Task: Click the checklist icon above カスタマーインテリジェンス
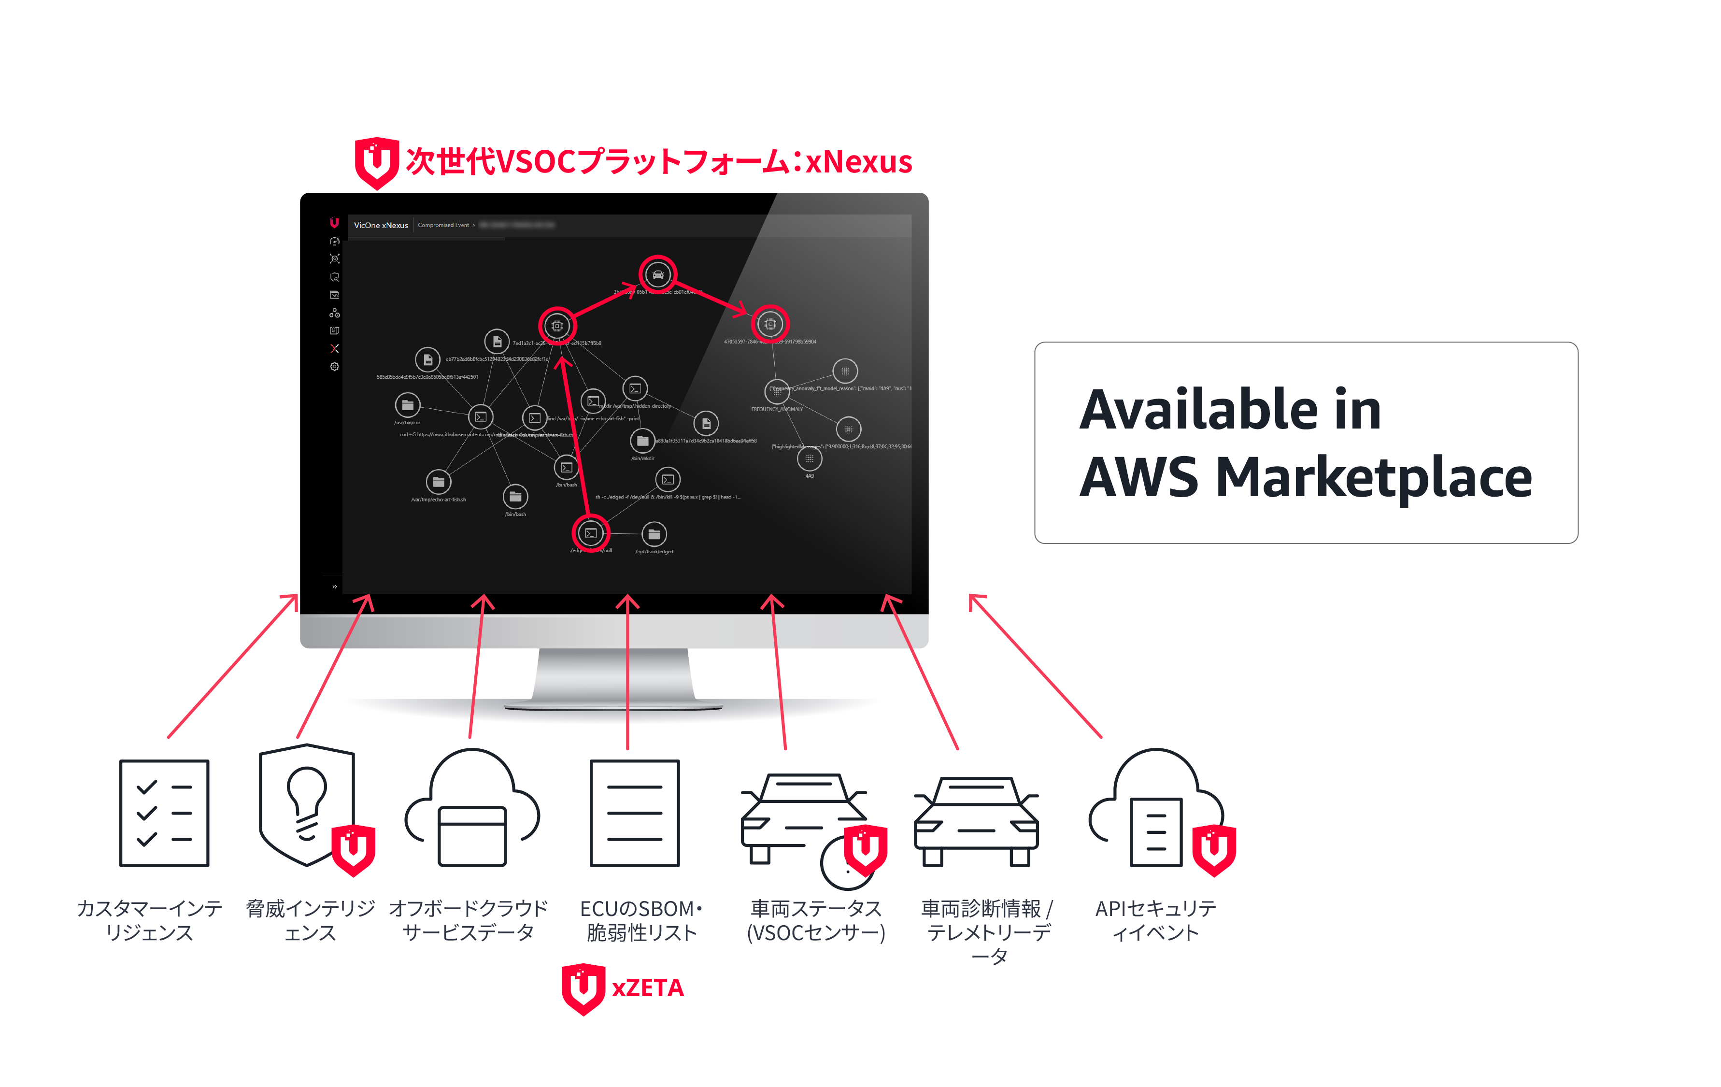164,813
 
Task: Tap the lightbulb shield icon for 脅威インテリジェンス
307,804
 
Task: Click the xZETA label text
648,987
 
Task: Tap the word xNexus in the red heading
858,161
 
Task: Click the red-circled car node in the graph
657,274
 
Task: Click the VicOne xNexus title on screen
381,225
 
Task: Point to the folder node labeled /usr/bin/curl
407,405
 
